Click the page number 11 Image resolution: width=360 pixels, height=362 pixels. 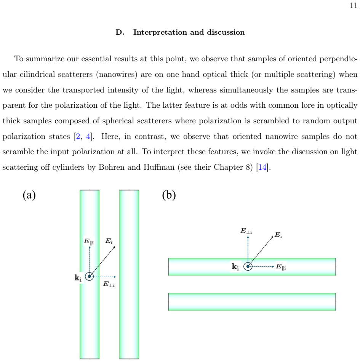pos(354,5)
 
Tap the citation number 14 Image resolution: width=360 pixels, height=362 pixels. pos(262,167)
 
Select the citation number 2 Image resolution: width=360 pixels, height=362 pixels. pos(78,136)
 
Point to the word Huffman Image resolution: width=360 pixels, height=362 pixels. pos(159,167)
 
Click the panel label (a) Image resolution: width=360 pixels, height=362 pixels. pos(29,195)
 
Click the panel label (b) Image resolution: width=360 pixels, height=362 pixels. pos(169,195)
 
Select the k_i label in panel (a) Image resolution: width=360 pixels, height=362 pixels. pos(78,278)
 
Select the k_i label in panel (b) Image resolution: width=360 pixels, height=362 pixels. pos(235,267)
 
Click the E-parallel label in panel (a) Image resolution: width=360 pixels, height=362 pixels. pos(88,241)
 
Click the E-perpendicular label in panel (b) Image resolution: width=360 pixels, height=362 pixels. pos(246,231)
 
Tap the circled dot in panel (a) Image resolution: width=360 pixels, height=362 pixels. pos(90,276)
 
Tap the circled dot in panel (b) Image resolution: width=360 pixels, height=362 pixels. pos(248,266)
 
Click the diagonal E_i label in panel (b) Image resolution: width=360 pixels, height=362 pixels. pos(278,235)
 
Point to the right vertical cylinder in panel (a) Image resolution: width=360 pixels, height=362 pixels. pos(129,274)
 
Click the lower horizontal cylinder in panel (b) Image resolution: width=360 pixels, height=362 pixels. pos(252,302)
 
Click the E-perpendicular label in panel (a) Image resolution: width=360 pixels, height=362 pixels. pos(109,284)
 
